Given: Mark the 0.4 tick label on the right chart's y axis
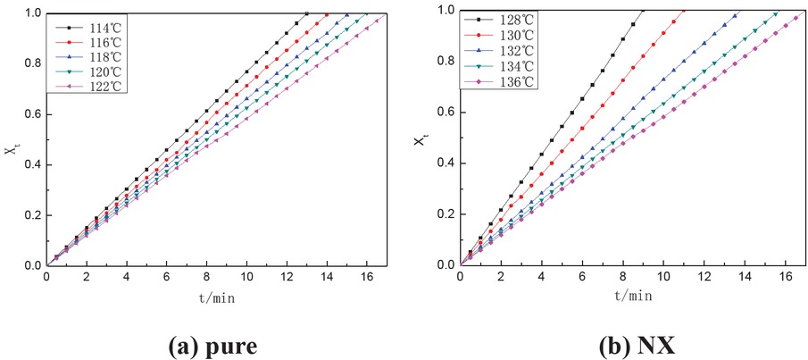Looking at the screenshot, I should coord(445,163).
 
